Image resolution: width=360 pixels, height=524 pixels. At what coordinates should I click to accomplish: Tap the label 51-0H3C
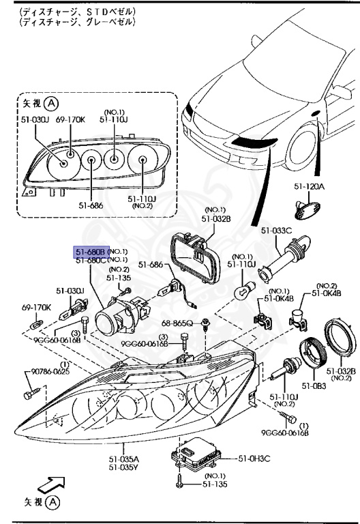(254, 458)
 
